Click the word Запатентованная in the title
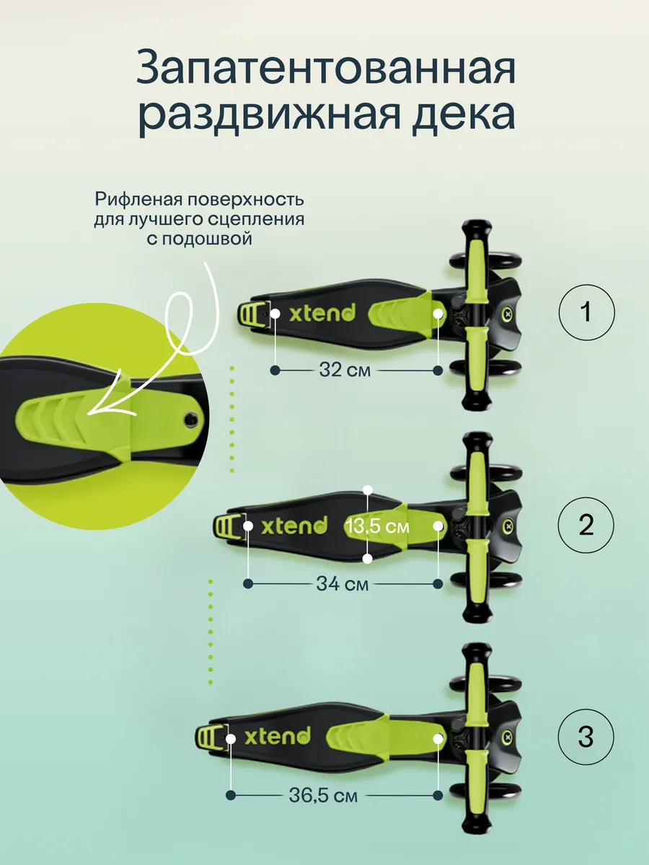tap(326, 67)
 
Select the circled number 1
tap(586, 311)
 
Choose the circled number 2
tap(586, 525)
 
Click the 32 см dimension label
tap(345, 371)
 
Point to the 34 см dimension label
tap(343, 584)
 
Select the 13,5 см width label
tap(377, 526)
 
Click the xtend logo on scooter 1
tap(322, 313)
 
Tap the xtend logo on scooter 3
tap(278, 736)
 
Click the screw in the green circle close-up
tap(192, 417)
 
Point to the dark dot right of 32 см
tap(438, 371)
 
